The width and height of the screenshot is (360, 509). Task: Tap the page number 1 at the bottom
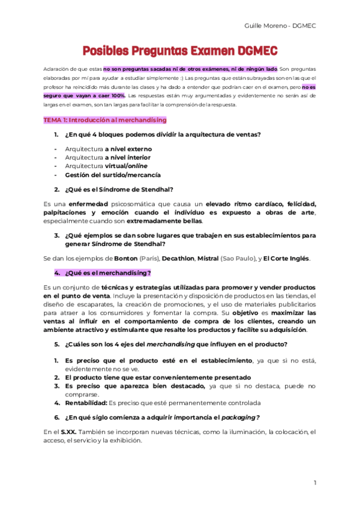coord(315,483)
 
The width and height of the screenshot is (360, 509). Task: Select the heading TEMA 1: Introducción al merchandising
coord(104,120)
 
